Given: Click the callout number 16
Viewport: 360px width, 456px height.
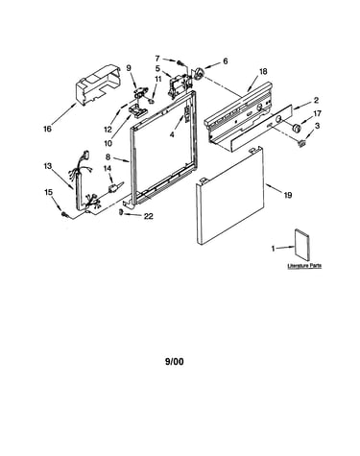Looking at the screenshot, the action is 47,129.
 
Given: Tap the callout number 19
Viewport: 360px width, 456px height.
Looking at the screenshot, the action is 288,195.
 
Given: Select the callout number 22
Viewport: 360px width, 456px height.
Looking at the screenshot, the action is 149,216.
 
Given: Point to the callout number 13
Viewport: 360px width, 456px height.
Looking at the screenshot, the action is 47,166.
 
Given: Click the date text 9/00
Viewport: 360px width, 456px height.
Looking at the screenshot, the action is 175,362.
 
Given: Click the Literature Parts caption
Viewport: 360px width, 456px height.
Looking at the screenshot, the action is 304,266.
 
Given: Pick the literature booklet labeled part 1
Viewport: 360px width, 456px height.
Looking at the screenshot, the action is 302,243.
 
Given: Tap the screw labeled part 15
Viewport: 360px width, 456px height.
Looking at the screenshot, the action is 65,214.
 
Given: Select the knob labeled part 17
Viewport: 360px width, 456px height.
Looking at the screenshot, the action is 297,128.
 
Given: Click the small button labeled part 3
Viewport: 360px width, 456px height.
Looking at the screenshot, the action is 301,143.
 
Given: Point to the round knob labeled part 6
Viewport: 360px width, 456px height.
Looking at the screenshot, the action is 199,74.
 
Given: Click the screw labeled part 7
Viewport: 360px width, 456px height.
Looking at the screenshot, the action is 181,62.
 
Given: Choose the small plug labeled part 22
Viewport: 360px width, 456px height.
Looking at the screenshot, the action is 121,211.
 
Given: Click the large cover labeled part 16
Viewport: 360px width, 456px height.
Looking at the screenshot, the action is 98,84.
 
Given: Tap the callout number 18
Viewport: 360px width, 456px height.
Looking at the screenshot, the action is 263,72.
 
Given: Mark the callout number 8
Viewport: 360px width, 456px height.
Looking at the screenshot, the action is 108,157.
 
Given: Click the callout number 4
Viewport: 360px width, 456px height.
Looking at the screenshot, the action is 172,135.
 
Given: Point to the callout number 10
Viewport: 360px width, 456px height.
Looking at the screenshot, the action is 108,143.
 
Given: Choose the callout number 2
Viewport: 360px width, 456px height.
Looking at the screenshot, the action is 316,101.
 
